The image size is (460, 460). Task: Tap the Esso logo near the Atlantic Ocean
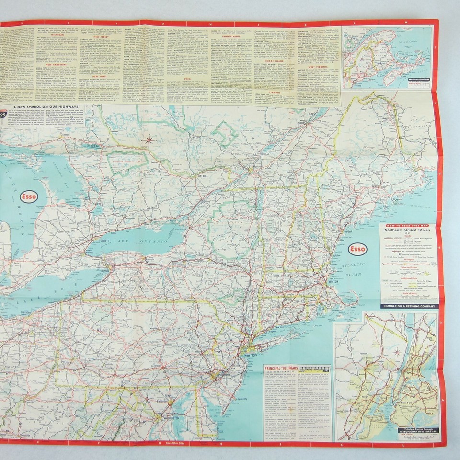(x=357, y=249)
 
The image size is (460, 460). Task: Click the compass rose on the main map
(x=149, y=140)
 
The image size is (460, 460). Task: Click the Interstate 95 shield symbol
(x=3, y=115)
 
